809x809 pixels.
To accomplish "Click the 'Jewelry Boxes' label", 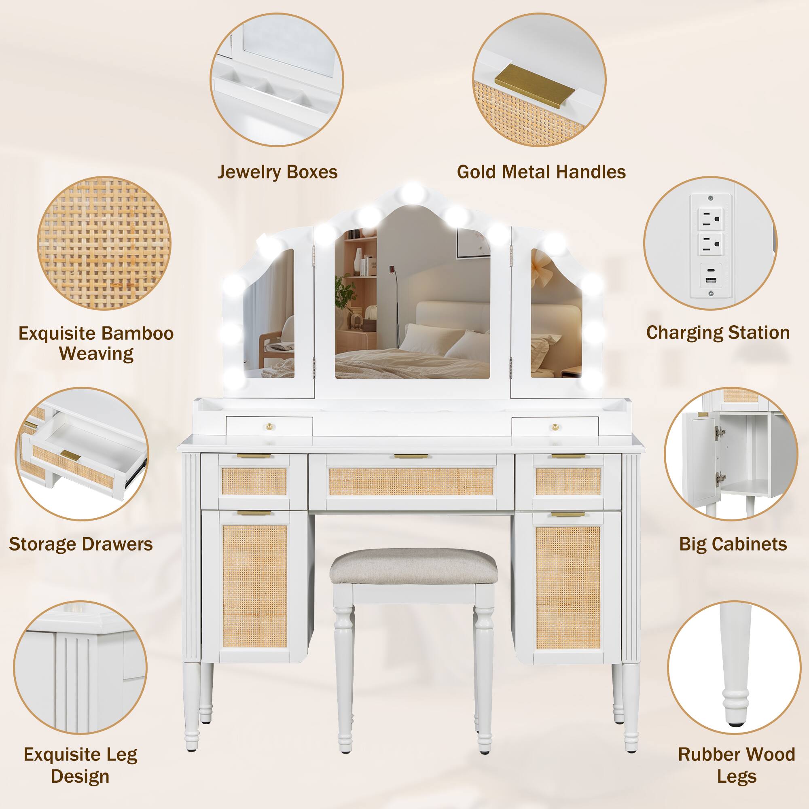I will pos(277,172).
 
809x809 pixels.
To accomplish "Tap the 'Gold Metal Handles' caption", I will pos(541,172).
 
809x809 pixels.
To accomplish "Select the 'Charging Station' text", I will pos(718,333).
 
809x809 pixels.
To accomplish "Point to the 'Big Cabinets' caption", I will pos(733,544).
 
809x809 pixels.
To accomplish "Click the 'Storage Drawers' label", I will pos(81,544).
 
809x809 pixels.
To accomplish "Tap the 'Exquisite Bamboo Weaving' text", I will pos(96,343).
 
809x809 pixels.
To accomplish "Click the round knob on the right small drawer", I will pos(556,426).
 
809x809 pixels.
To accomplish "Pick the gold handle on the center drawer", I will pos(410,456).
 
